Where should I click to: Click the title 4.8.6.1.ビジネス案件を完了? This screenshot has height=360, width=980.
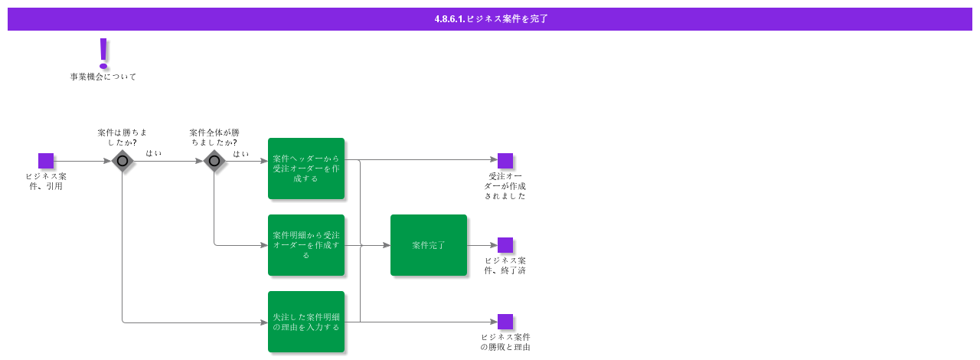coord(491,19)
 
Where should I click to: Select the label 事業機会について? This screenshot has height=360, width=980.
coord(103,77)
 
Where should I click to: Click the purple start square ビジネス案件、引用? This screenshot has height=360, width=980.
coord(46,161)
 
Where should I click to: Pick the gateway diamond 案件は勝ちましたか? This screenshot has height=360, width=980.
coord(122,161)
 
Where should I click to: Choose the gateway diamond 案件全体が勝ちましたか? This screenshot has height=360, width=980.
coord(214,161)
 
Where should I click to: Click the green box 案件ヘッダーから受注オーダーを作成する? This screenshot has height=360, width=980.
coord(306,169)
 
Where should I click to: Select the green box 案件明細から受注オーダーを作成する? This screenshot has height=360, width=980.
coord(306,245)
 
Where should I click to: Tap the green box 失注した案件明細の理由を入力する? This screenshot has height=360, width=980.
coord(306,322)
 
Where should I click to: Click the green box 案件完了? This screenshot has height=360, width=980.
coord(429,245)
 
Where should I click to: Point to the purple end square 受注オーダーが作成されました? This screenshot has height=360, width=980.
coord(505,161)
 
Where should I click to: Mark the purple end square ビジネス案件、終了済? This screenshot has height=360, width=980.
coord(505,245)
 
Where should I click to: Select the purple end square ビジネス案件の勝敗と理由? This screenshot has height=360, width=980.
coord(505,322)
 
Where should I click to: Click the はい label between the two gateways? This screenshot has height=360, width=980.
coord(154,153)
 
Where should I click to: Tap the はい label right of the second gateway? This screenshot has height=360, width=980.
coord(241,153)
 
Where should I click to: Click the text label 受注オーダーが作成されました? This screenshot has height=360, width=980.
coord(505,186)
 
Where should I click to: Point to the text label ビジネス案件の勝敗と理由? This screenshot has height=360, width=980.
coord(505,342)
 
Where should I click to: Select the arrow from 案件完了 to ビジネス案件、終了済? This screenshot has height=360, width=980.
coord(482,245)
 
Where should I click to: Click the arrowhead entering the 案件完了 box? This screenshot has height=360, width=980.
coord(387,245)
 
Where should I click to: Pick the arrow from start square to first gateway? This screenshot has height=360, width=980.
coord(82,161)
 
